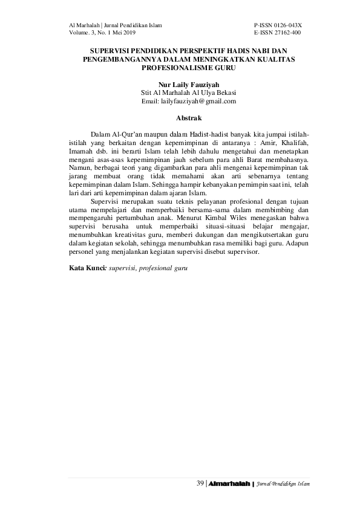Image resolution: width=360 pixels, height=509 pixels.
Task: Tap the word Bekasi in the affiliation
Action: (224, 93)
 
